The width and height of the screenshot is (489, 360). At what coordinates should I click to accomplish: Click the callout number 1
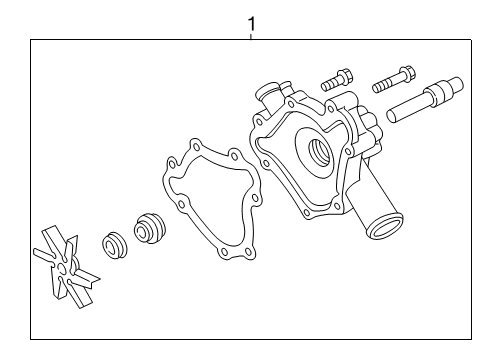[x=252, y=21]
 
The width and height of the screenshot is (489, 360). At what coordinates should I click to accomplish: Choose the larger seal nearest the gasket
[x=151, y=228]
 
